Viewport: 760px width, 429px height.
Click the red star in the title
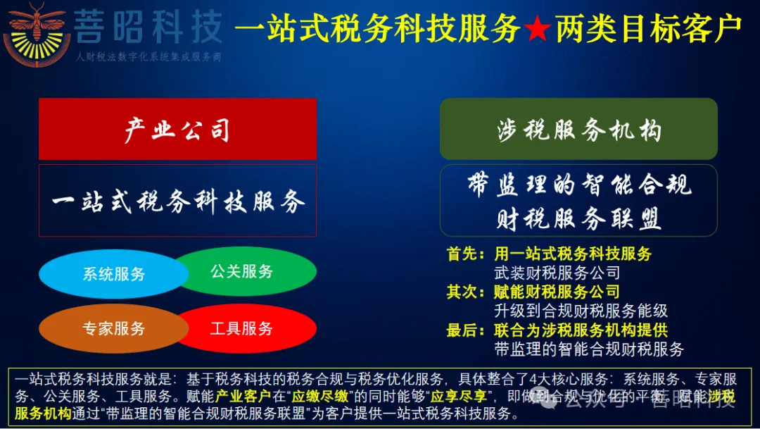tap(537, 29)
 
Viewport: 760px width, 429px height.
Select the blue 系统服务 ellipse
tap(113, 274)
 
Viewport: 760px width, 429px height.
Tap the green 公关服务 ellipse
tap(243, 271)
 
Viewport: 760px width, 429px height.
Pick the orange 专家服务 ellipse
tap(113, 328)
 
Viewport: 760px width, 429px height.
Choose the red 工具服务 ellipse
tap(243, 328)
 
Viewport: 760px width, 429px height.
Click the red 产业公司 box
tap(177, 130)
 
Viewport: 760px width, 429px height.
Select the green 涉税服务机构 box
tap(578, 130)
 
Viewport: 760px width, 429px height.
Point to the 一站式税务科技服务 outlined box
tap(177, 201)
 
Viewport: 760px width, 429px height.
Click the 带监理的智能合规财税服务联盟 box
tap(578, 201)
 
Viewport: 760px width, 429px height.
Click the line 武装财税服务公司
tap(557, 273)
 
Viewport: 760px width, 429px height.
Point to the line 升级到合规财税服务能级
tap(581, 311)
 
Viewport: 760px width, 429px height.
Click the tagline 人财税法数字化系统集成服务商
tap(148, 56)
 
